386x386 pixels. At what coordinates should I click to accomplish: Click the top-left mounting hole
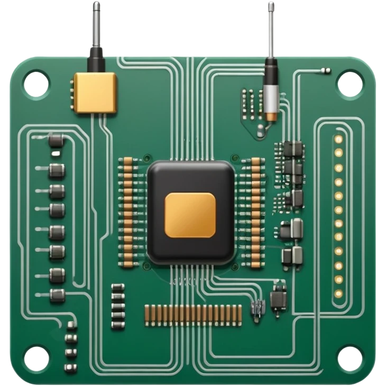[x=36, y=84]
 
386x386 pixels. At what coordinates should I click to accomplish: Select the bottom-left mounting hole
[x=36, y=359]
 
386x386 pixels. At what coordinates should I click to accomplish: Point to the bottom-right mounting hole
[x=350, y=359]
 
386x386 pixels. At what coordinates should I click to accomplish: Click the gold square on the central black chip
[x=190, y=214]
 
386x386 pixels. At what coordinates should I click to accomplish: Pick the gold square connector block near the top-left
[x=95, y=93]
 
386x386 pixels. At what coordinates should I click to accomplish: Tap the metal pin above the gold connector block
[x=96, y=24]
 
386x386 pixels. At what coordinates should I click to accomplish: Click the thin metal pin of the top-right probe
[x=271, y=29]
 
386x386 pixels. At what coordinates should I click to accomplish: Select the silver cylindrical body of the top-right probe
[x=271, y=95]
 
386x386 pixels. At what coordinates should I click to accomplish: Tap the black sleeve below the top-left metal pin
[x=96, y=59]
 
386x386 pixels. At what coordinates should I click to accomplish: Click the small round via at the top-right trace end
[x=328, y=71]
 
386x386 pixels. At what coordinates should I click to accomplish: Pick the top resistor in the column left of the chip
[x=127, y=161]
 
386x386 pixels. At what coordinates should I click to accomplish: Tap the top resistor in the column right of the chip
[x=256, y=161]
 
